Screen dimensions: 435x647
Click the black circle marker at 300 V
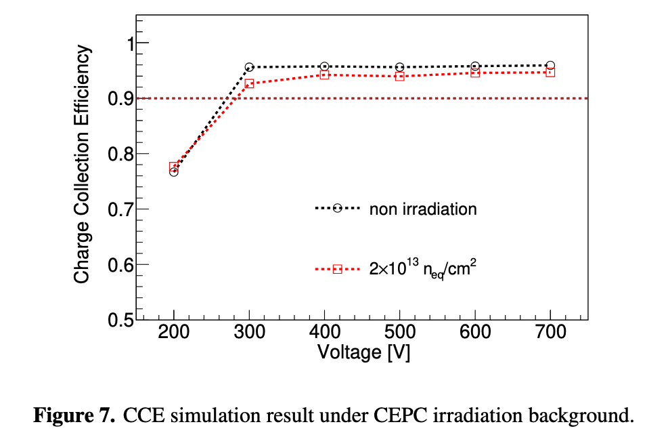249,67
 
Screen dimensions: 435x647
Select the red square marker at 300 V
249,84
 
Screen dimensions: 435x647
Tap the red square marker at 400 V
324,75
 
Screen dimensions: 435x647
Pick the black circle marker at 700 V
550,65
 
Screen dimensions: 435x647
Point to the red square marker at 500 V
399,77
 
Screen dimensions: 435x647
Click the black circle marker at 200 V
174,172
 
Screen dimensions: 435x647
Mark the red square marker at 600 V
475,72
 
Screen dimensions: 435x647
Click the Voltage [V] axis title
362,353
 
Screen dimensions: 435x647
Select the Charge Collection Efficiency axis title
82,165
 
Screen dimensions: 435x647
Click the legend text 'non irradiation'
423,209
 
